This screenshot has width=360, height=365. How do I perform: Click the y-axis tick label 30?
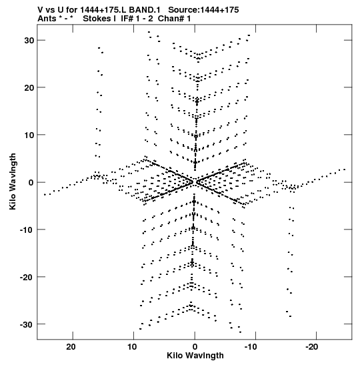(x=29, y=40)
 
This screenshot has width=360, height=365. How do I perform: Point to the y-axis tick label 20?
(x=29, y=88)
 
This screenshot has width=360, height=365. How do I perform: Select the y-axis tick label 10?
(x=29, y=135)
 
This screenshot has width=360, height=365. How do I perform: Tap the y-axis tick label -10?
(x=27, y=230)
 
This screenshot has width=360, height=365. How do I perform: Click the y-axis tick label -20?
(x=27, y=277)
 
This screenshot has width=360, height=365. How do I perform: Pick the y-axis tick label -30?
(x=27, y=324)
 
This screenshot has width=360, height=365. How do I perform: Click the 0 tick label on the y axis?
(x=31, y=183)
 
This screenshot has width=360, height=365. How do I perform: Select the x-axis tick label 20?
(x=71, y=347)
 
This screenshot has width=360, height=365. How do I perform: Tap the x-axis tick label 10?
(x=132, y=347)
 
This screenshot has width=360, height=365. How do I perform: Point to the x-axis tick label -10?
(x=251, y=347)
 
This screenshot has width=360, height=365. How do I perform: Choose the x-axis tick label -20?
(x=311, y=347)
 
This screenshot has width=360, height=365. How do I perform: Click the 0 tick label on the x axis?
(x=195, y=347)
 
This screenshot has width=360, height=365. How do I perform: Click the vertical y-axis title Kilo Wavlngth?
(x=13, y=181)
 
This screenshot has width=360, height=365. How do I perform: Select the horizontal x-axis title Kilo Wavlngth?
(x=195, y=356)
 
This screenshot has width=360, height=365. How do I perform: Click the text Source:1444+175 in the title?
(x=203, y=10)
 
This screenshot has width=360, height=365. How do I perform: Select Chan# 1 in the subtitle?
(x=174, y=19)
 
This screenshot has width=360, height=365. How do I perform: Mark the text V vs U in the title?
(x=50, y=10)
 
